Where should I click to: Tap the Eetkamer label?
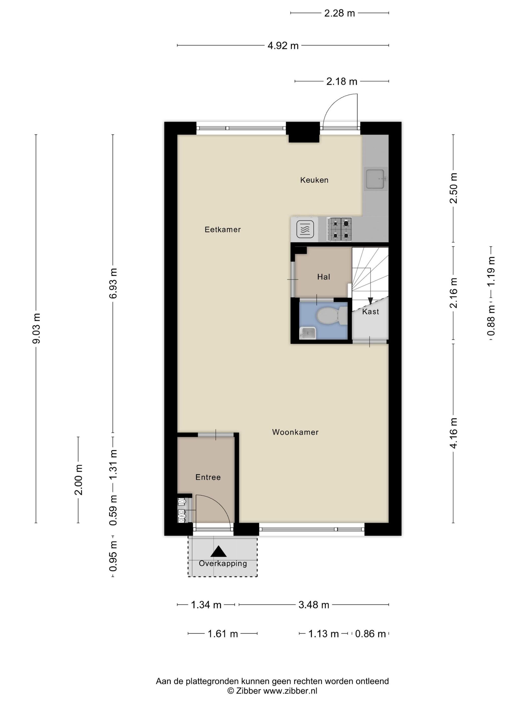(222, 229)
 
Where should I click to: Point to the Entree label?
(208, 477)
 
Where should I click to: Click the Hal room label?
(323, 277)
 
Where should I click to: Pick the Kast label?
(370, 312)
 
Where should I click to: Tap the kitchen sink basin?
(375, 179)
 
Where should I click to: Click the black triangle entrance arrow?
(219, 551)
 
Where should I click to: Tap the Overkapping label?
(223, 563)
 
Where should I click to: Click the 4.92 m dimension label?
(283, 46)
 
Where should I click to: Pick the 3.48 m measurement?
(313, 605)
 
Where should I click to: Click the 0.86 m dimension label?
(370, 634)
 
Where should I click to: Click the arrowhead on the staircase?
(370, 301)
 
